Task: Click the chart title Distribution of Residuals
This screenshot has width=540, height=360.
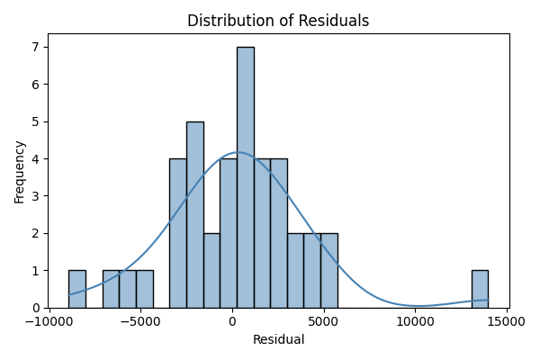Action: click(x=278, y=21)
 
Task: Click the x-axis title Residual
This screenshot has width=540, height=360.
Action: click(x=278, y=340)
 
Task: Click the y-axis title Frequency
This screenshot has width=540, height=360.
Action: click(x=20, y=171)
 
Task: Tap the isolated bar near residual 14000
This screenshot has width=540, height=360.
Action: click(x=480, y=289)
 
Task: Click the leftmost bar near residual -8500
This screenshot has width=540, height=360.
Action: click(x=76, y=289)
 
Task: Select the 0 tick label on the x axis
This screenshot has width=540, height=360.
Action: click(x=232, y=321)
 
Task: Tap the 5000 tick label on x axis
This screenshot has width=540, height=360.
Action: click(x=324, y=321)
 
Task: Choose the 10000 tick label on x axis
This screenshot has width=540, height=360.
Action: click(x=415, y=321)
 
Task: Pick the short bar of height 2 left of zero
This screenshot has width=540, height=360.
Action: click(x=211, y=270)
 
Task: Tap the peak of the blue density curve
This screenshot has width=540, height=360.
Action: click(x=238, y=152)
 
